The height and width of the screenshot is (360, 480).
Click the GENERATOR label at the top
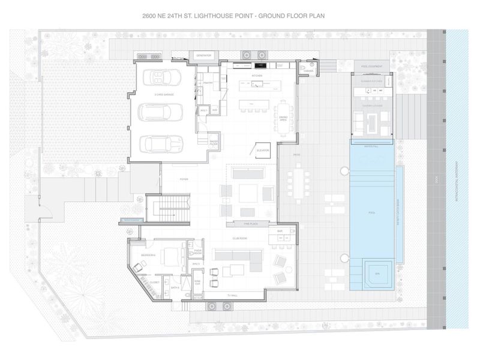204,55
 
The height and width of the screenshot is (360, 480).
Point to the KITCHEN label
257,76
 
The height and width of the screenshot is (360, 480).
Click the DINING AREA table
282,113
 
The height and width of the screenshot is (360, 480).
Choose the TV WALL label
232,296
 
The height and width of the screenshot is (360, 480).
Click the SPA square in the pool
376,274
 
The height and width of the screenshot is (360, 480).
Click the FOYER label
184,179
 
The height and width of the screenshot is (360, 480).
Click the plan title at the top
240,16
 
